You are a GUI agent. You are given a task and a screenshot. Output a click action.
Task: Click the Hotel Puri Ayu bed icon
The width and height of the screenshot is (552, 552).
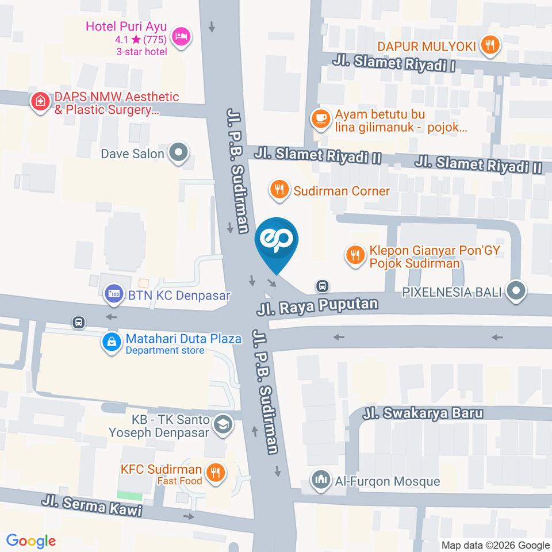pyautogui.click(x=182, y=37)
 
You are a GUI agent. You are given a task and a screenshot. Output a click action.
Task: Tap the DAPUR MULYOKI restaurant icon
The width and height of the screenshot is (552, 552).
pyautogui.click(x=490, y=45)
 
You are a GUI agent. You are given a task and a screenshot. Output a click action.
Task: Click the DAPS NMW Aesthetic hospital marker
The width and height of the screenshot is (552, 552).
pyautogui.click(x=40, y=102)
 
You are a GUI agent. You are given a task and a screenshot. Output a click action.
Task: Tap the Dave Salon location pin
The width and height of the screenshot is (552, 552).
pyautogui.click(x=178, y=154)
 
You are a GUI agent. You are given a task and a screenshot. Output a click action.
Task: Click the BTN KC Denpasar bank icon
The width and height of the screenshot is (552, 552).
pyautogui.click(x=113, y=295)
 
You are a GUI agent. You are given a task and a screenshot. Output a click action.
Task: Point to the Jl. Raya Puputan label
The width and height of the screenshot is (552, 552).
pyautogui.click(x=317, y=306)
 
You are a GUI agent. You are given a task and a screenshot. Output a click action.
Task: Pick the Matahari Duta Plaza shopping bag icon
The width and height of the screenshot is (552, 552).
pyautogui.click(x=111, y=342)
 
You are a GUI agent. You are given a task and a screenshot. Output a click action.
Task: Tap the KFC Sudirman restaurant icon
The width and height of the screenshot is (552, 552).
pyautogui.click(x=216, y=473)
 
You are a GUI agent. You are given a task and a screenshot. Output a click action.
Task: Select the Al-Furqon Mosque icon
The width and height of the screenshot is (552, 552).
pyautogui.click(x=321, y=480)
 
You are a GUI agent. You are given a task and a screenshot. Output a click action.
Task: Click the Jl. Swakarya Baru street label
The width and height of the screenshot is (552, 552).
pyautogui.click(x=423, y=413)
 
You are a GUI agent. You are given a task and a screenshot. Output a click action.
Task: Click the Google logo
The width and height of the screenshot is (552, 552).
pyautogui.click(x=31, y=540)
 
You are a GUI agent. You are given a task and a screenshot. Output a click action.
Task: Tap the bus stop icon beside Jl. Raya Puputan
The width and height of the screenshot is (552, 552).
pyautogui.click(x=323, y=286)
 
